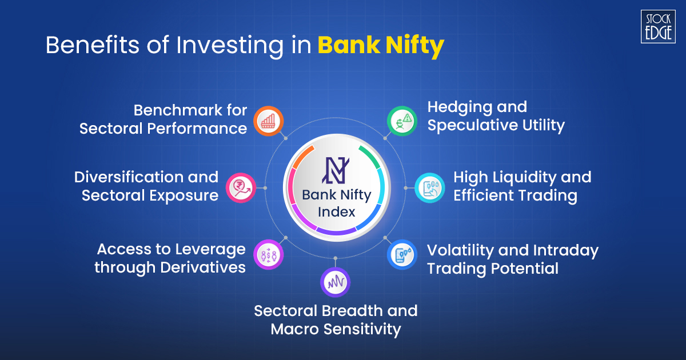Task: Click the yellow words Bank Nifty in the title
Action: tap(381, 46)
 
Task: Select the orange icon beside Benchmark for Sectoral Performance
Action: tap(268, 121)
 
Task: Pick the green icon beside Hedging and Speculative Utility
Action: tap(402, 121)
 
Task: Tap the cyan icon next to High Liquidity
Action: tap(429, 187)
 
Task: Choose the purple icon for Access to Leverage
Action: tap(268, 254)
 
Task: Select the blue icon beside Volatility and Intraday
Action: tap(402, 255)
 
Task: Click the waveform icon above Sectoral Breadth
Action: tap(336, 282)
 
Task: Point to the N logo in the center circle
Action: tap(336, 169)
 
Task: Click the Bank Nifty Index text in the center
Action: tap(336, 203)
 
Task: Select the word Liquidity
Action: tap(512, 177)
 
